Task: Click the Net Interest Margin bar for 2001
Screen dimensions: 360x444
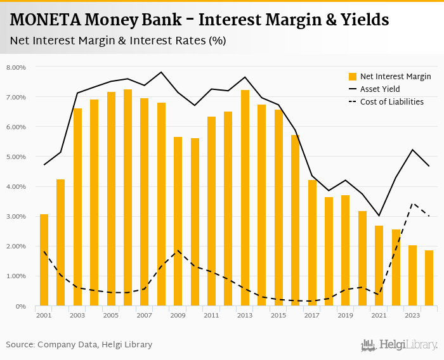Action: coord(44,260)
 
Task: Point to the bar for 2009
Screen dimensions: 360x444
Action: coord(178,221)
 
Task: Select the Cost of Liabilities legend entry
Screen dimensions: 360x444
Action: coord(391,102)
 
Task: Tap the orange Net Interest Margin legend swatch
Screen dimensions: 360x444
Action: coord(353,77)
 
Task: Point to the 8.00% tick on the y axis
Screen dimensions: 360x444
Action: coord(16,67)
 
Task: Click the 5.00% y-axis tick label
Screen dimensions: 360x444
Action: coord(16,157)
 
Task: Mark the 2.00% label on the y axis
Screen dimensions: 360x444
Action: coord(16,246)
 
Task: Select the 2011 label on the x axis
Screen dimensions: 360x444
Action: coord(211,315)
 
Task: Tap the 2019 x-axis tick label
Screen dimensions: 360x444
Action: coord(345,315)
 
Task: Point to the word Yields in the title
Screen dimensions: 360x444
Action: coord(362,20)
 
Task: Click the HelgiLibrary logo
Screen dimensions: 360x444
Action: coord(399,345)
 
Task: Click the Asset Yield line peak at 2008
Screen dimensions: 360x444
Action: coord(161,72)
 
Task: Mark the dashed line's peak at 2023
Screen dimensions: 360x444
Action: coord(412,203)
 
